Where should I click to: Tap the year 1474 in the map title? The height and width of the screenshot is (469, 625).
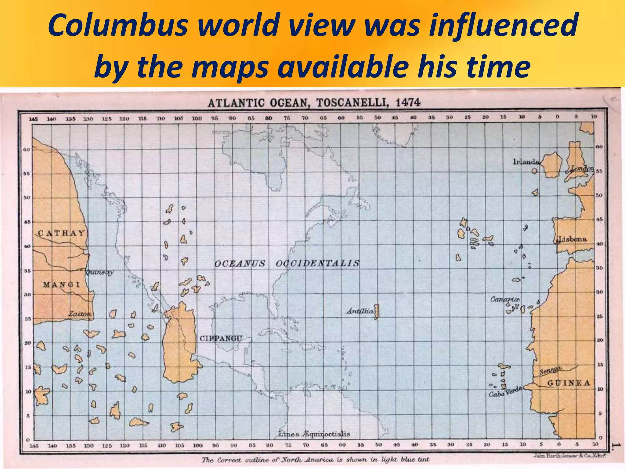click(408, 103)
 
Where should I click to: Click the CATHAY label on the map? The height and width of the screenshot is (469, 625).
click(61, 233)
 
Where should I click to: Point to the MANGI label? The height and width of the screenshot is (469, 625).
click(61, 285)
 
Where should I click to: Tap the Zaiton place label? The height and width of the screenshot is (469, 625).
click(80, 314)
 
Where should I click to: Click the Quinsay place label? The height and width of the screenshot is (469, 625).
click(99, 272)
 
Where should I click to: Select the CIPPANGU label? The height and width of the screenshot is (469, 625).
click(221, 338)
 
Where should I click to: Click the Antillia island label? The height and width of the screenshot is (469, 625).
click(360, 311)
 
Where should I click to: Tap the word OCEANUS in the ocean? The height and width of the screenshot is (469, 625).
click(240, 264)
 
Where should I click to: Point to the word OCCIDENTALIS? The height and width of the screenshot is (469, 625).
click(318, 263)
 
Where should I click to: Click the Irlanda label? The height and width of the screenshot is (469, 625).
click(526, 162)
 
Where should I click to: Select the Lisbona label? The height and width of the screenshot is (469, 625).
click(573, 239)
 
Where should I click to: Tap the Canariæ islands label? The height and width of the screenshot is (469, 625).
click(505, 299)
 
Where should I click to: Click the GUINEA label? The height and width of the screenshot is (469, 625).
click(569, 383)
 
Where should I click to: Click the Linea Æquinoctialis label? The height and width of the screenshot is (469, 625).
click(314, 434)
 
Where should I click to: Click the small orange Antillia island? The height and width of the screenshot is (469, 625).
click(377, 311)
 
